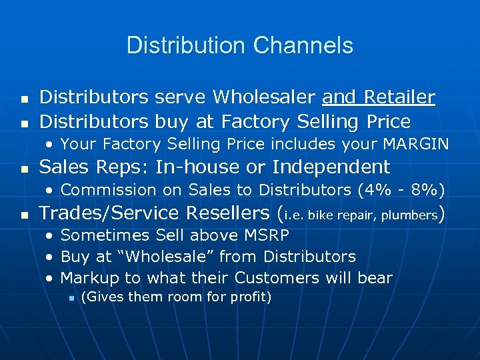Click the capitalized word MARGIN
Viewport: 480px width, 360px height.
[x=419, y=144]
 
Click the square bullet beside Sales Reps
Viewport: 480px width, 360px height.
[x=25, y=168]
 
